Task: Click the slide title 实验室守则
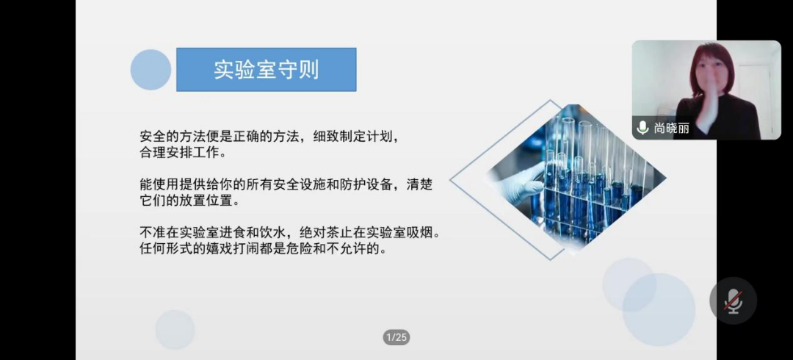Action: (x=266, y=70)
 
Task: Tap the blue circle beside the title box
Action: (x=151, y=70)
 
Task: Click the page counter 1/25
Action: (x=396, y=337)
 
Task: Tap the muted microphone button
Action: (x=733, y=300)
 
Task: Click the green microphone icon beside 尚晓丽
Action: (x=642, y=128)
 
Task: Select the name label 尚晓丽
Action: (x=672, y=128)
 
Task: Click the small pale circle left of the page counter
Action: (x=175, y=330)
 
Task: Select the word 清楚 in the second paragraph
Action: (x=421, y=184)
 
